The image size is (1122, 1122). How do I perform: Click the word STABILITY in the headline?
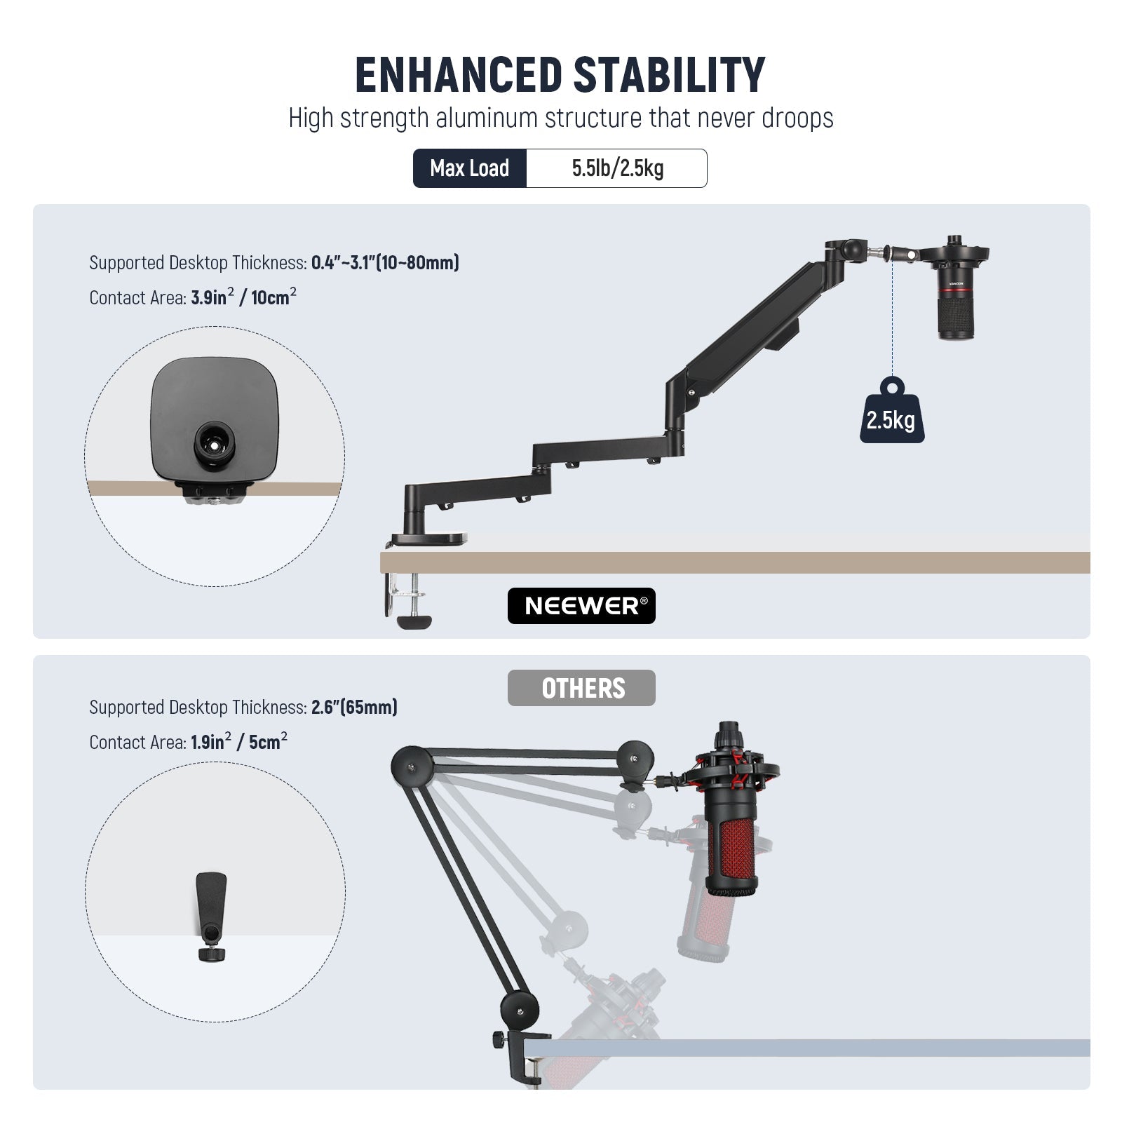[x=669, y=75]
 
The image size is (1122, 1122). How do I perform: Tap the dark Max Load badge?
[x=470, y=168]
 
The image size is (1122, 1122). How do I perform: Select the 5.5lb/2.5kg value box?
[x=617, y=168]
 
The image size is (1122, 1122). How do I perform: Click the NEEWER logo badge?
[x=581, y=606]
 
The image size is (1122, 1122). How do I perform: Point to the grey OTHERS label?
[x=581, y=688]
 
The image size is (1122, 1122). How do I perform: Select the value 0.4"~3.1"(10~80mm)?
[x=385, y=263]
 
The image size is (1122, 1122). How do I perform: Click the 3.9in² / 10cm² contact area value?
[x=243, y=297]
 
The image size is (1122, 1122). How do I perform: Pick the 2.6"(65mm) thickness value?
[x=354, y=707]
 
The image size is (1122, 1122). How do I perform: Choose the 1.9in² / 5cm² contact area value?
[x=239, y=742]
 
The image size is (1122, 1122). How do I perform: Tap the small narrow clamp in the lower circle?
[x=211, y=917]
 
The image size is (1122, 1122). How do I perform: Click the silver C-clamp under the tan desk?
[x=407, y=600]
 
